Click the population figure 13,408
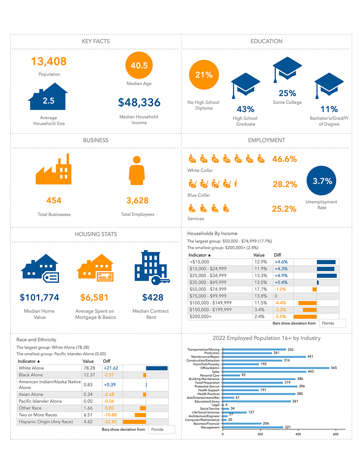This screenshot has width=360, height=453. tap(49, 61)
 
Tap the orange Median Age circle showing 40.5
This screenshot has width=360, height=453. tap(139, 65)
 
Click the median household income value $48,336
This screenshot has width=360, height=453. tap(139, 103)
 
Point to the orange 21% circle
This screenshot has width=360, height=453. tap(204, 75)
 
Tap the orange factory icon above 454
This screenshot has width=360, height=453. tap(54, 170)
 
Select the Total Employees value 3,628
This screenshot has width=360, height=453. tap(137, 200)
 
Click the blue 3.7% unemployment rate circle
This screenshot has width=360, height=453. tap(321, 181)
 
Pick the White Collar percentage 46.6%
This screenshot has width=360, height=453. tap(284, 159)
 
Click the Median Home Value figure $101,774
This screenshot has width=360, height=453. tap(39, 298)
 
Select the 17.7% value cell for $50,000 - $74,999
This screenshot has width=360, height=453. tap(261, 289)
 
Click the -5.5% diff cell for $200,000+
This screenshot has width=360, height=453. tap(280, 317)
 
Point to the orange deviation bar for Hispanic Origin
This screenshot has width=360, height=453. tap(134, 422)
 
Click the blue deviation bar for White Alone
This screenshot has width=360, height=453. tap(157, 368)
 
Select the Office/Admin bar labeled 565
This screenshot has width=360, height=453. tap(276, 368)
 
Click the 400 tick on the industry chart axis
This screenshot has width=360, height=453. tap(298, 434)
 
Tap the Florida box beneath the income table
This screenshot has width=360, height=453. tap(332, 323)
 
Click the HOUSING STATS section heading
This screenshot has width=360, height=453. tap(96, 234)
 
